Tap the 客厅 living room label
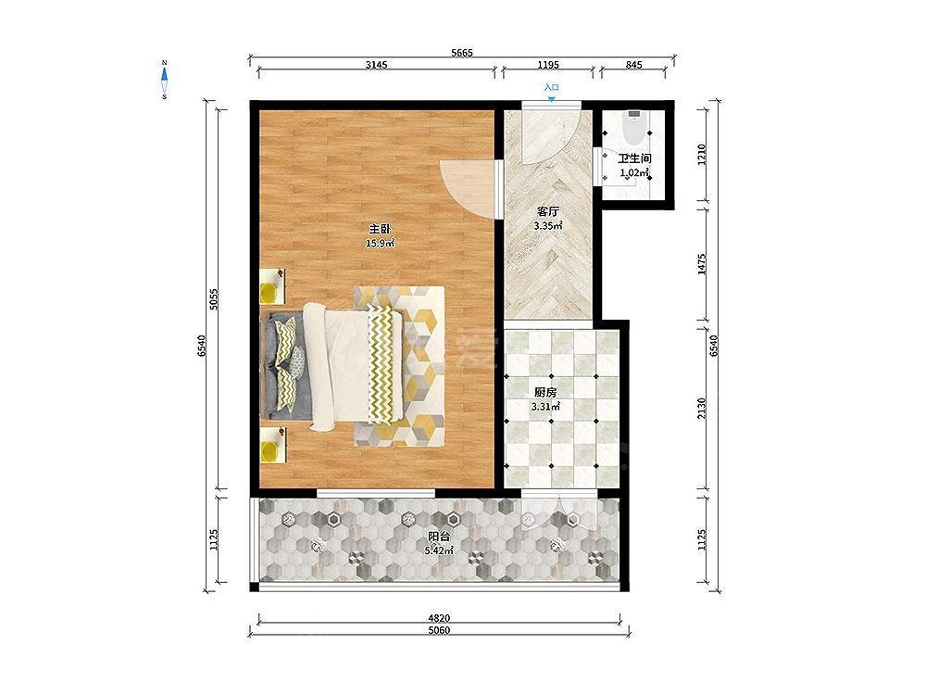548,211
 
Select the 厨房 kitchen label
545,392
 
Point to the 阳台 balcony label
439,537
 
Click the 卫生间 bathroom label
634,159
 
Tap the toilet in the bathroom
634,126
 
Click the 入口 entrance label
551,87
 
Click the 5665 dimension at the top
462,53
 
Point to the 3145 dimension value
376,65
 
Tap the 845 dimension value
633,65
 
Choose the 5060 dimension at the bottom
439,630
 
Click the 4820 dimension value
439,618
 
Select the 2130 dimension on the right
702,409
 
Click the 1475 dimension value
702,264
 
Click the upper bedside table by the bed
273,286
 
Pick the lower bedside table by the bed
273,445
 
